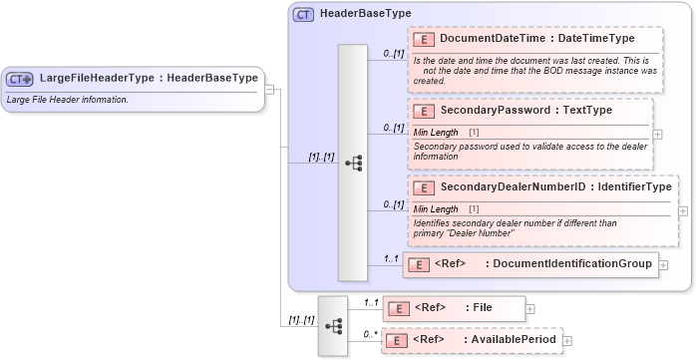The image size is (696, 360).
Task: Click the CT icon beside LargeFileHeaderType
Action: [20, 79]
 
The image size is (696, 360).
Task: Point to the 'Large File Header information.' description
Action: [68, 100]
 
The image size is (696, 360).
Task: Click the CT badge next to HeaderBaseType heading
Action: [303, 14]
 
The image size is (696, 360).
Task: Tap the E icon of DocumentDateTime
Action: [423, 39]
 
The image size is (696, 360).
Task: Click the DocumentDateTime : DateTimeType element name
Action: [536, 39]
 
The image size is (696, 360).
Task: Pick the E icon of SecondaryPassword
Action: [423, 111]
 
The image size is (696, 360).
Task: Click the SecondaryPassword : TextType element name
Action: [525, 111]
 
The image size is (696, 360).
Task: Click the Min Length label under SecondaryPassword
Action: [436, 132]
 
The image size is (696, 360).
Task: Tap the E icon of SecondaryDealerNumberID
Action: [423, 187]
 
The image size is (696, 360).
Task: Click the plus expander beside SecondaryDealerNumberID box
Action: [682, 210]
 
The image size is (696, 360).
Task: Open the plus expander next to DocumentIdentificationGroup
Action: [663, 264]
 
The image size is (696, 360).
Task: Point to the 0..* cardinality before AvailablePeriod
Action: [371, 334]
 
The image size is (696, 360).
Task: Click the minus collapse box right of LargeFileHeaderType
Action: [269, 88]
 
